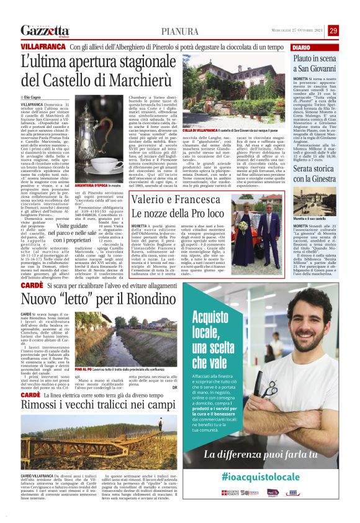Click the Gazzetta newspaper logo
pos(45,30)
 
